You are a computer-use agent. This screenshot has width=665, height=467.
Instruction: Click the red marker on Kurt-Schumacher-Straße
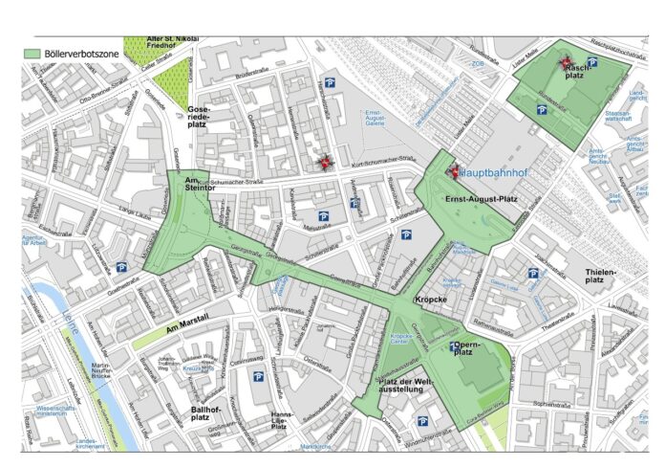point(325,164)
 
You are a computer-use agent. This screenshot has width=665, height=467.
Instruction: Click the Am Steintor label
point(203,186)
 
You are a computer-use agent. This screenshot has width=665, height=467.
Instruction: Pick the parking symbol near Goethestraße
point(121,267)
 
